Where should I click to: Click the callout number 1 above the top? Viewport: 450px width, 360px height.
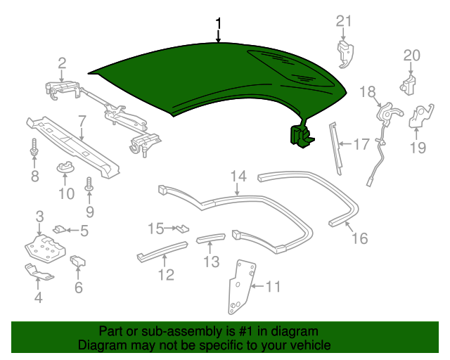(219, 23)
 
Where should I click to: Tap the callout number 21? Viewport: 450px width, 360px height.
(343, 21)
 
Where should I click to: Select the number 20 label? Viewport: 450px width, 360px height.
(411, 56)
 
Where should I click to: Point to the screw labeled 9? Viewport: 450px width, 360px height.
(89, 186)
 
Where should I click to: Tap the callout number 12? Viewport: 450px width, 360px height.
(165, 274)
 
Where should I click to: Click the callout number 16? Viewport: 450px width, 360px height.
(359, 238)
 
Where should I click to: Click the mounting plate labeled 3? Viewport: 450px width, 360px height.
(44, 247)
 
